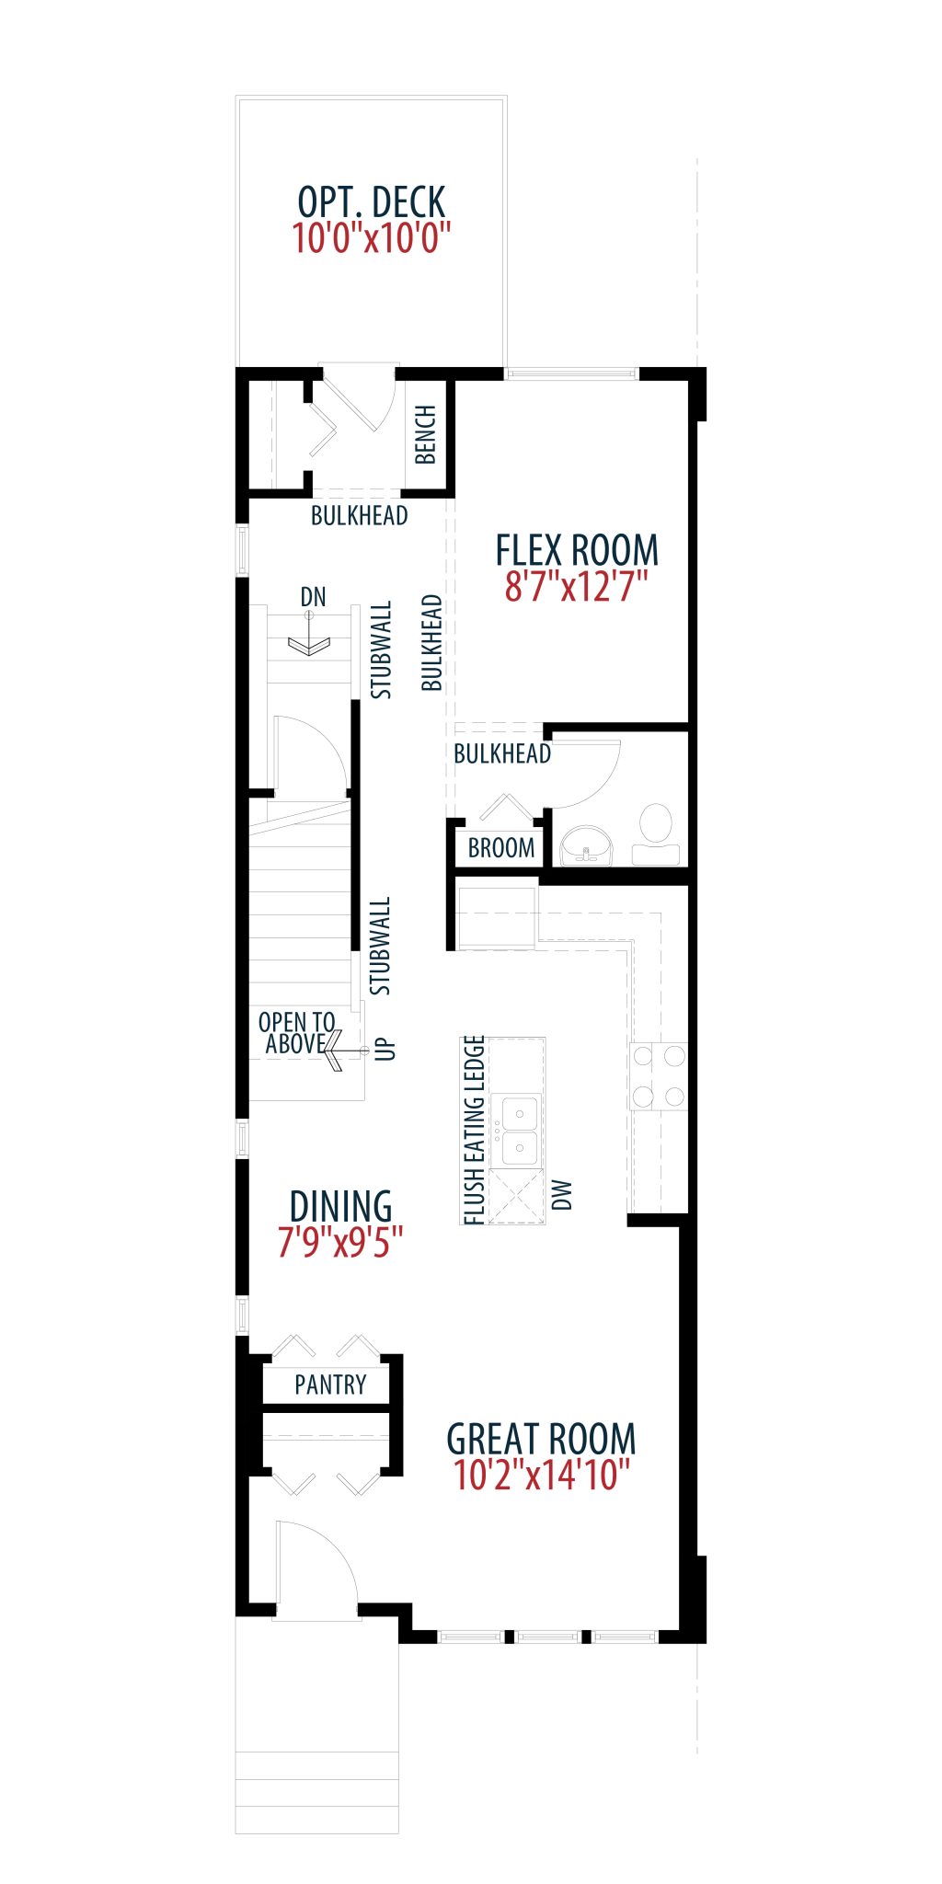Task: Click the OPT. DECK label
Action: (372, 202)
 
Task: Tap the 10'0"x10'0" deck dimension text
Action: (372, 237)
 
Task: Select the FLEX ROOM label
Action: (577, 550)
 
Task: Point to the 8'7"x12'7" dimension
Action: (577, 586)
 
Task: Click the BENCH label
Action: (425, 434)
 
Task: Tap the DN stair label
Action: (313, 597)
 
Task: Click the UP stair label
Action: (385, 1049)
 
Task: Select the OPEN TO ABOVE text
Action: (296, 1033)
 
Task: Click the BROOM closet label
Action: (501, 848)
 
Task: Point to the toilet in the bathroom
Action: (656, 835)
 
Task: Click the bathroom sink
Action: (587, 844)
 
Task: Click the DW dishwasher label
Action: (561, 1195)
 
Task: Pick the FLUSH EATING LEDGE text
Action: (473, 1131)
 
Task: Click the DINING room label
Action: (340, 1206)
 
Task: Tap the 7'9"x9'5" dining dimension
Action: (340, 1242)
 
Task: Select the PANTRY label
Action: (330, 1384)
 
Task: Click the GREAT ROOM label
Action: (541, 1439)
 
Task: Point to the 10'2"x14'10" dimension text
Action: (542, 1475)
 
